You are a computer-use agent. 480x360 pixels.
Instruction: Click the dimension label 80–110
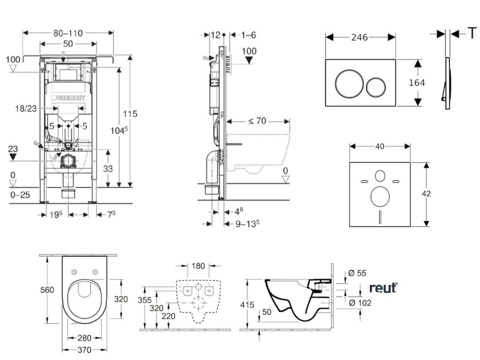[x=67, y=33]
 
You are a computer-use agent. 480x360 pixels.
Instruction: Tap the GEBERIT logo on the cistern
[x=71, y=97]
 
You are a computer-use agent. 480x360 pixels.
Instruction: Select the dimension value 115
[x=130, y=113]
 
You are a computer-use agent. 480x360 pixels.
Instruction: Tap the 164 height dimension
[x=417, y=82]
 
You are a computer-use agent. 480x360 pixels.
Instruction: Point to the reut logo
[x=383, y=287]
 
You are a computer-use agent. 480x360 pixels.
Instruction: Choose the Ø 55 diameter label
[x=358, y=273]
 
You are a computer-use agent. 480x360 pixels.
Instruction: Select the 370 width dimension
[x=85, y=350]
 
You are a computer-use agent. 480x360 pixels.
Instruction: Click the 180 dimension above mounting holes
[x=198, y=266]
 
